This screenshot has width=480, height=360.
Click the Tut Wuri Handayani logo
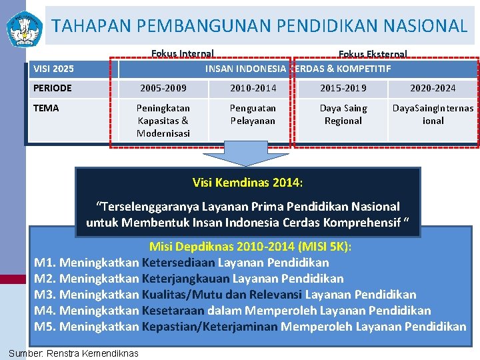(24, 27)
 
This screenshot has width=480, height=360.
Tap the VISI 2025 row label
(53, 69)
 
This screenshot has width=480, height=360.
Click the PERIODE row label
(52, 88)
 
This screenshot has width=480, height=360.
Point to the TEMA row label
(46, 108)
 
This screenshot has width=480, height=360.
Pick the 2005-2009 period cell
(163, 88)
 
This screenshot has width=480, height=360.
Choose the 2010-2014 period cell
(253, 88)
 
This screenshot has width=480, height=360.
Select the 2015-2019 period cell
(343, 88)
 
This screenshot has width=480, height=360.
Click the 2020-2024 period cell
(433, 88)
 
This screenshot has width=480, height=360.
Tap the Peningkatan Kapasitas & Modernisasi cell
(163, 120)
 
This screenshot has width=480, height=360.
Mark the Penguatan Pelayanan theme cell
(253, 114)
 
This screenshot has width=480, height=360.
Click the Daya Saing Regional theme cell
(343, 114)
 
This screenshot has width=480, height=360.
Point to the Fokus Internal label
(182, 54)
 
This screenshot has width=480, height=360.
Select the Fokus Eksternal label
(373, 54)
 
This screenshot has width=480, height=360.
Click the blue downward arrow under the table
(246, 154)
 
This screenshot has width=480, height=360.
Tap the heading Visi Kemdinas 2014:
(247, 182)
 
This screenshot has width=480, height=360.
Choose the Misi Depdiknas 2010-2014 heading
(250, 247)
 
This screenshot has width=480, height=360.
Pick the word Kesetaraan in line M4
(173, 311)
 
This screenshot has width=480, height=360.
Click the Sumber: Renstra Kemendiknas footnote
(73, 353)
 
